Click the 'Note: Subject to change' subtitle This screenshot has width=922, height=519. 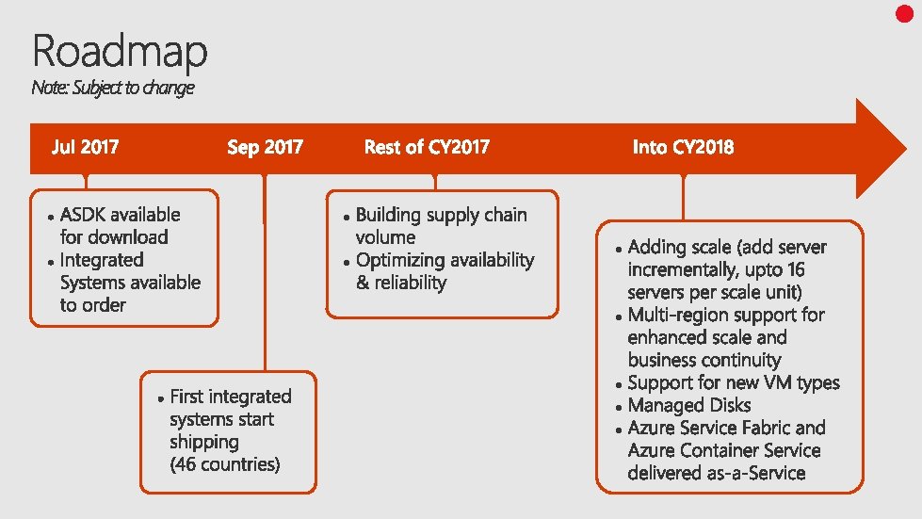click(112, 88)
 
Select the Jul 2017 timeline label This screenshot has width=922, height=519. click(85, 147)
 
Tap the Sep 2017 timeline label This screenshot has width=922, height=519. click(265, 147)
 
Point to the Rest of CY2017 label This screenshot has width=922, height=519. click(427, 147)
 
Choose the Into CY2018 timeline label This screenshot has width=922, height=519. click(683, 147)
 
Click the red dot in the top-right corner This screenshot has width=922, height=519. click(904, 13)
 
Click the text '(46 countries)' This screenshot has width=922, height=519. click(225, 464)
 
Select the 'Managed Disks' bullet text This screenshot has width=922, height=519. click(689, 405)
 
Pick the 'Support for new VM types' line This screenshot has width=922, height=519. click(733, 382)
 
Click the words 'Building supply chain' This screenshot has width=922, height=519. click(441, 215)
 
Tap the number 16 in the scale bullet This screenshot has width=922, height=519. click(794, 269)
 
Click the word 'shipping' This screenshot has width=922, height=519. click(203, 442)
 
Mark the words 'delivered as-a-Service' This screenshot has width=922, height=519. click(716, 473)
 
